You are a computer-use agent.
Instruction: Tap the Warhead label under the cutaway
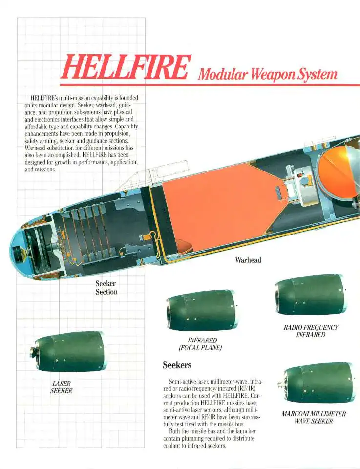point(248,260)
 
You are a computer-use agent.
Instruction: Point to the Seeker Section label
point(106,288)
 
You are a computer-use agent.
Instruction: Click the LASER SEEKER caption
point(62,387)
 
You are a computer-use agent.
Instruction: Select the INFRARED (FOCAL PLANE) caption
point(200,343)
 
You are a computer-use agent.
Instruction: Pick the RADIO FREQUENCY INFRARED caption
point(311,331)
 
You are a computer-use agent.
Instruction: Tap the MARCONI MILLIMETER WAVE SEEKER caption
point(314,417)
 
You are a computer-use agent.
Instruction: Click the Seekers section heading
point(177,365)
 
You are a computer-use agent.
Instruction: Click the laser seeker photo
point(68,351)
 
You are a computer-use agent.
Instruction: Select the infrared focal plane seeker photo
point(201,310)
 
